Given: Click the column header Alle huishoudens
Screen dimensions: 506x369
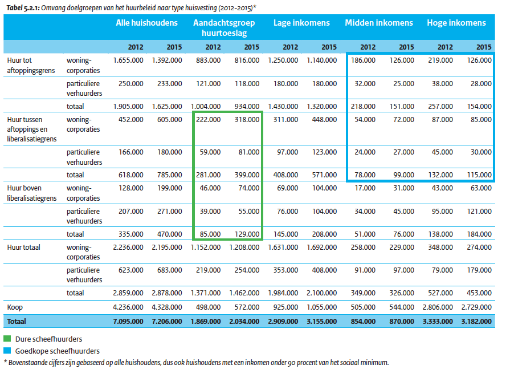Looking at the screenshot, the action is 147,23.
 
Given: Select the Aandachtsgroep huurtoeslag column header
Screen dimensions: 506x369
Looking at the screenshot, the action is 225,28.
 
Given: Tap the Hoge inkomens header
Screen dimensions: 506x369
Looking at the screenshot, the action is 456,23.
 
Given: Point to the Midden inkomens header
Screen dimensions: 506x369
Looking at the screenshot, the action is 379,23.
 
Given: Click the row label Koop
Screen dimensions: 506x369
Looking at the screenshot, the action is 15,307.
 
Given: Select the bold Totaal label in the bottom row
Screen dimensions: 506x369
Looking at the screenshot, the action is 17,322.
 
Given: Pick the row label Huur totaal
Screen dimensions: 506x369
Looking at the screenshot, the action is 23,248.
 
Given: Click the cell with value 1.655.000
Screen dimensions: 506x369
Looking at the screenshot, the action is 128,60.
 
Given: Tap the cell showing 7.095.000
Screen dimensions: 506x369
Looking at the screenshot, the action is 128,322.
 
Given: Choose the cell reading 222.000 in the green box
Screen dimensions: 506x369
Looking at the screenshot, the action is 208,120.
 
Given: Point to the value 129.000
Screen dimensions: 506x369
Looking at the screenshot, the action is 247,234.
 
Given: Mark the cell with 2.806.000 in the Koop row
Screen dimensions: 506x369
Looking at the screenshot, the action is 438,307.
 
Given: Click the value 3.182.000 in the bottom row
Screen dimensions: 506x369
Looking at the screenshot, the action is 476,322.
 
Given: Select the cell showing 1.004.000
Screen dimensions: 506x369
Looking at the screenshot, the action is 206,107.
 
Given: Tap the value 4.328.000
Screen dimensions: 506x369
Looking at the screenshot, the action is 167,307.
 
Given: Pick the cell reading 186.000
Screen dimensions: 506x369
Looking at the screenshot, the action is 363,60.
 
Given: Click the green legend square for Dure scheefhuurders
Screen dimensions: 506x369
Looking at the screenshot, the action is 7,339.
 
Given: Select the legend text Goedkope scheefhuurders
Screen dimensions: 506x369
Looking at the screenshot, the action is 58,351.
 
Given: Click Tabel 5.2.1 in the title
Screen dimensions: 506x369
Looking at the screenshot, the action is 23,8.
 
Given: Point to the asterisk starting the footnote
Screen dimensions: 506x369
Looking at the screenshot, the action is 5,362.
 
